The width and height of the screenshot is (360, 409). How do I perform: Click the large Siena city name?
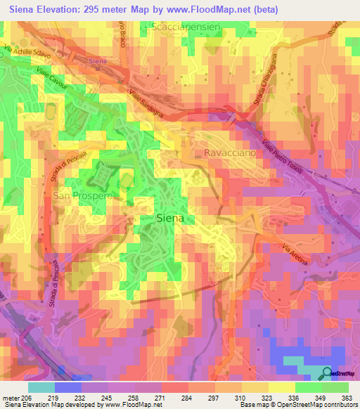(x=169, y=218)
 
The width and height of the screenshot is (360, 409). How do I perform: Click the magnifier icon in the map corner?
(x=327, y=372)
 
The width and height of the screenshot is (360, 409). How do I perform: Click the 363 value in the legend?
(x=348, y=398)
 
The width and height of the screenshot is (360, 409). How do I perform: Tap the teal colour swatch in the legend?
(x=41, y=387)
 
